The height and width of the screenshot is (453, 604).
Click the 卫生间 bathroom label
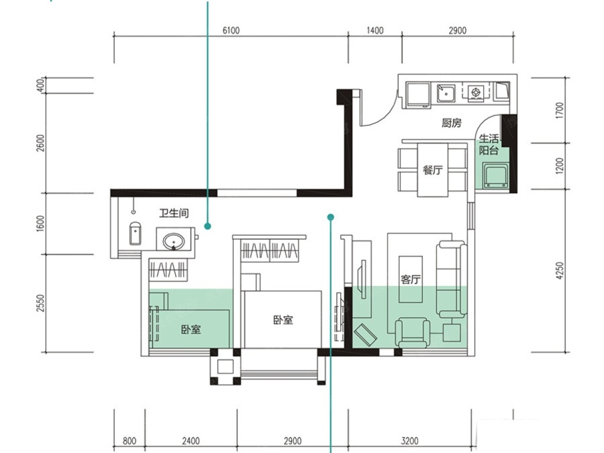(x=174, y=213)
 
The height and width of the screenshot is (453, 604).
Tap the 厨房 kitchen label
(x=452, y=123)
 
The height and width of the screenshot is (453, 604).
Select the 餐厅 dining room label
(x=433, y=170)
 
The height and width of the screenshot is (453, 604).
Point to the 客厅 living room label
(x=410, y=279)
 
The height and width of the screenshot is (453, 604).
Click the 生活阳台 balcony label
(x=489, y=144)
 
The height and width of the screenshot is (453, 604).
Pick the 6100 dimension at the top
(x=231, y=30)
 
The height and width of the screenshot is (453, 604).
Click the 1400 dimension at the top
(x=374, y=30)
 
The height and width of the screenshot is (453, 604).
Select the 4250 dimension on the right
(x=560, y=270)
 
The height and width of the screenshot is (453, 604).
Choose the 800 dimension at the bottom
(x=130, y=441)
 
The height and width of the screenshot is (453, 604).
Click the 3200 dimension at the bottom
(x=409, y=441)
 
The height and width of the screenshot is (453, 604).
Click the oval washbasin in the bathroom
(x=174, y=241)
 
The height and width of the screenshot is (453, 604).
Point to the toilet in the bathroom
(x=135, y=234)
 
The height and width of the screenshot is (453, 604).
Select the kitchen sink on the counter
(x=446, y=93)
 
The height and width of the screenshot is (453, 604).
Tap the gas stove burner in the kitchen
(x=476, y=92)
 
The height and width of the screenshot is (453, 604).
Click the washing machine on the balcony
(x=496, y=176)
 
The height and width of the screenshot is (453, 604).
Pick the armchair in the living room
(x=413, y=332)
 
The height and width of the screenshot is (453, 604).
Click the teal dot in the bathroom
(x=207, y=226)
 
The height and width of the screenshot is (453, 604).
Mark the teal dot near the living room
(x=330, y=217)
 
